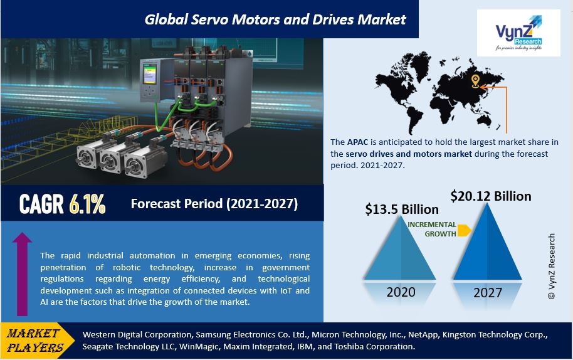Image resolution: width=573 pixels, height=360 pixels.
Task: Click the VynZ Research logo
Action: tap(518, 33)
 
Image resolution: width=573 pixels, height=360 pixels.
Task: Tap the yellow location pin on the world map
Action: tap(475, 81)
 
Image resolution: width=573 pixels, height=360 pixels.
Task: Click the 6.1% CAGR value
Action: tap(87, 204)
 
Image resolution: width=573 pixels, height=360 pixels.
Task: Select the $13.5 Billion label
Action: tap(402, 209)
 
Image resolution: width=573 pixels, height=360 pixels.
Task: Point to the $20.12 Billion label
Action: tap(491, 196)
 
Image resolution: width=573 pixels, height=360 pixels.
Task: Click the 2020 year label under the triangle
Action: tap(401, 292)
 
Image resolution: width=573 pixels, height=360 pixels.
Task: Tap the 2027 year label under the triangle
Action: tap(488, 293)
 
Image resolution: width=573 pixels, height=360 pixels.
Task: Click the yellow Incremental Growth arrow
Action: tap(464, 231)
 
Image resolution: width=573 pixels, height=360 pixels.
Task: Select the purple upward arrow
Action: tap(23, 274)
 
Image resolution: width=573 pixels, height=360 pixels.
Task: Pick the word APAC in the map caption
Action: tap(357, 142)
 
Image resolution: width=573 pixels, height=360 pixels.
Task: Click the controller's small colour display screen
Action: tap(150, 75)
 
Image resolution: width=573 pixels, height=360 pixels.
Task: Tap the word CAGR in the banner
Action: tap(41, 204)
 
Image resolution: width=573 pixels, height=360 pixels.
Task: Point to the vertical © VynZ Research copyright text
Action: tap(552, 267)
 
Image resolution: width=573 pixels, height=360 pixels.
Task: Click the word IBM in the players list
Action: tap(305, 346)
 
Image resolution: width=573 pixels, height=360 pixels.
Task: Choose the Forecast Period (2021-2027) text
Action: tap(214, 204)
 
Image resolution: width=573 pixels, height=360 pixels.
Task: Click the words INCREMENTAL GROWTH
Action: tap(432, 229)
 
